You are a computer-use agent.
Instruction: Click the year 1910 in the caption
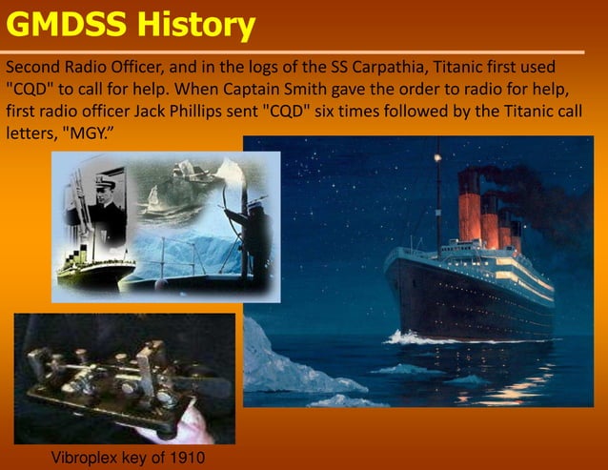tap(185, 458)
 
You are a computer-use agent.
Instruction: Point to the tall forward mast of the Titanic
tap(438, 191)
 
